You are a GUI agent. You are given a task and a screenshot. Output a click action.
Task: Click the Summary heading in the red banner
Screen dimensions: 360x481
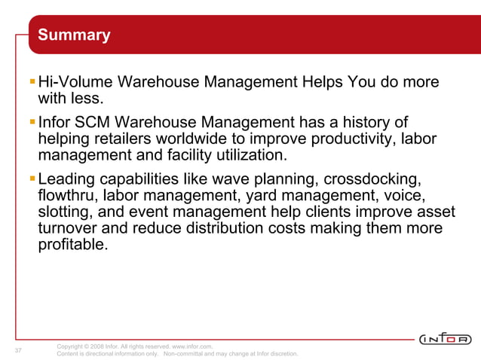(74, 35)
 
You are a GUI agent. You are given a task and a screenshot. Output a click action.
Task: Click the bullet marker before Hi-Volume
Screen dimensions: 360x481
(32, 81)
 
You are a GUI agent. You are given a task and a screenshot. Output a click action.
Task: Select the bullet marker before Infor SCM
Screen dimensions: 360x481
(32, 121)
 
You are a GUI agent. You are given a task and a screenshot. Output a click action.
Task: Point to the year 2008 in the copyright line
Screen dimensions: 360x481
(98, 346)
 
